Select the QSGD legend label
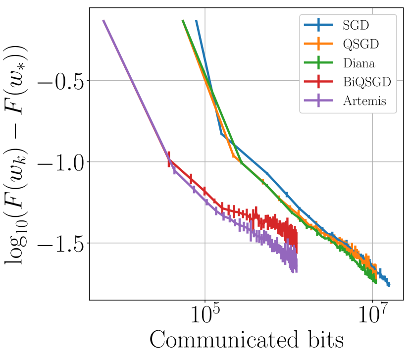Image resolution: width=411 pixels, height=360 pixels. coord(360,44)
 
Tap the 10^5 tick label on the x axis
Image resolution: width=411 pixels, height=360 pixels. coord(204,316)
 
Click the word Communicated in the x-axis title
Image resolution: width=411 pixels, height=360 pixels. coord(221,341)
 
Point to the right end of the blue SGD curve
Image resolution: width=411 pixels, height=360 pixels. coord(389,285)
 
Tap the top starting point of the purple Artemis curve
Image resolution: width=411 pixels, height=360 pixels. coord(103,21)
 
